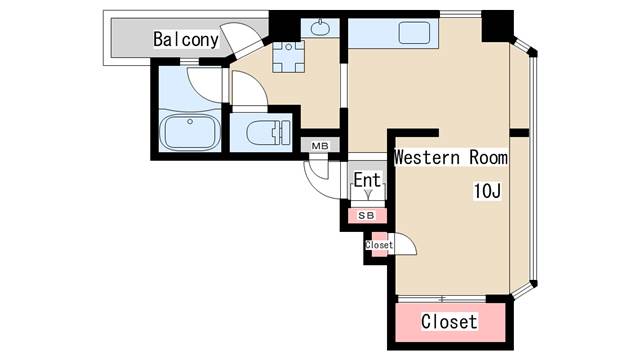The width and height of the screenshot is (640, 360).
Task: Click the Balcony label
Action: pyautogui.click(x=186, y=40)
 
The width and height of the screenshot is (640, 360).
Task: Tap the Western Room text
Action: pyautogui.click(x=450, y=158)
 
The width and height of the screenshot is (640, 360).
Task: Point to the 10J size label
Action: pyautogui.click(x=487, y=191)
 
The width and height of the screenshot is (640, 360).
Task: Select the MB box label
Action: pyautogui.click(x=320, y=147)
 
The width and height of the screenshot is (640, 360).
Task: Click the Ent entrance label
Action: pyautogui.click(x=367, y=181)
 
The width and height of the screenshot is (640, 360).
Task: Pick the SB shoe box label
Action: pyautogui.click(x=366, y=215)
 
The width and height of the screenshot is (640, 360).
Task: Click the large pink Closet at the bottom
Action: pyautogui.click(x=449, y=322)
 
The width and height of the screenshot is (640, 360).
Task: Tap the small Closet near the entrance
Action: pyautogui.click(x=379, y=245)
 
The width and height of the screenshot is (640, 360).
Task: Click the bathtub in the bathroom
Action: pyautogui.click(x=189, y=132)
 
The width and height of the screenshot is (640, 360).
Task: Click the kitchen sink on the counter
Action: pyautogui.click(x=414, y=32)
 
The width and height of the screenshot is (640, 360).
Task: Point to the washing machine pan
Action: pyautogui.click(x=292, y=57)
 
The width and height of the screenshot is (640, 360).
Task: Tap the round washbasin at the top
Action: pyautogui.click(x=321, y=29)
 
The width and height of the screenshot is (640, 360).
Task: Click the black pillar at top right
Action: pyautogui.click(x=496, y=26)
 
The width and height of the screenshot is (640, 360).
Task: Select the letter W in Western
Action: pyautogui.click(x=400, y=158)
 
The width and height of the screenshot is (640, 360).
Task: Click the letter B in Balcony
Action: pyautogui.click(x=159, y=40)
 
